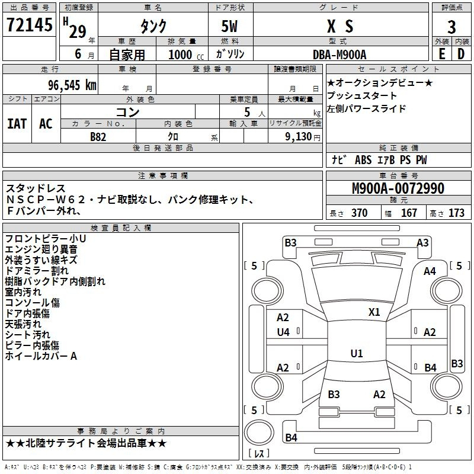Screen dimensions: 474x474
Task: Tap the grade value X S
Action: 340,27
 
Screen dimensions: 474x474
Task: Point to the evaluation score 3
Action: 451,27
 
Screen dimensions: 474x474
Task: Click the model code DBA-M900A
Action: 340,55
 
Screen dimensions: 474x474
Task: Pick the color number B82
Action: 98,137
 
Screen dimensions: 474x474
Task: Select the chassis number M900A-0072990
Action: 398,189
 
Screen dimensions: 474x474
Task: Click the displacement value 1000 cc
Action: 181,55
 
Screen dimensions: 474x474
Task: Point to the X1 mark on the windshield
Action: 374,312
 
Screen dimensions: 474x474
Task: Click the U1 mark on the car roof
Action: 356,353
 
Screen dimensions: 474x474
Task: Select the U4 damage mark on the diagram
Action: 283,332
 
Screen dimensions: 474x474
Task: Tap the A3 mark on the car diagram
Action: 422,242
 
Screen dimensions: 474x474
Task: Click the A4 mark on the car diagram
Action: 430,271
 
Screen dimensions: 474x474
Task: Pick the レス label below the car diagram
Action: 259,454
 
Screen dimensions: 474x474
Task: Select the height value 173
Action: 456,213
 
